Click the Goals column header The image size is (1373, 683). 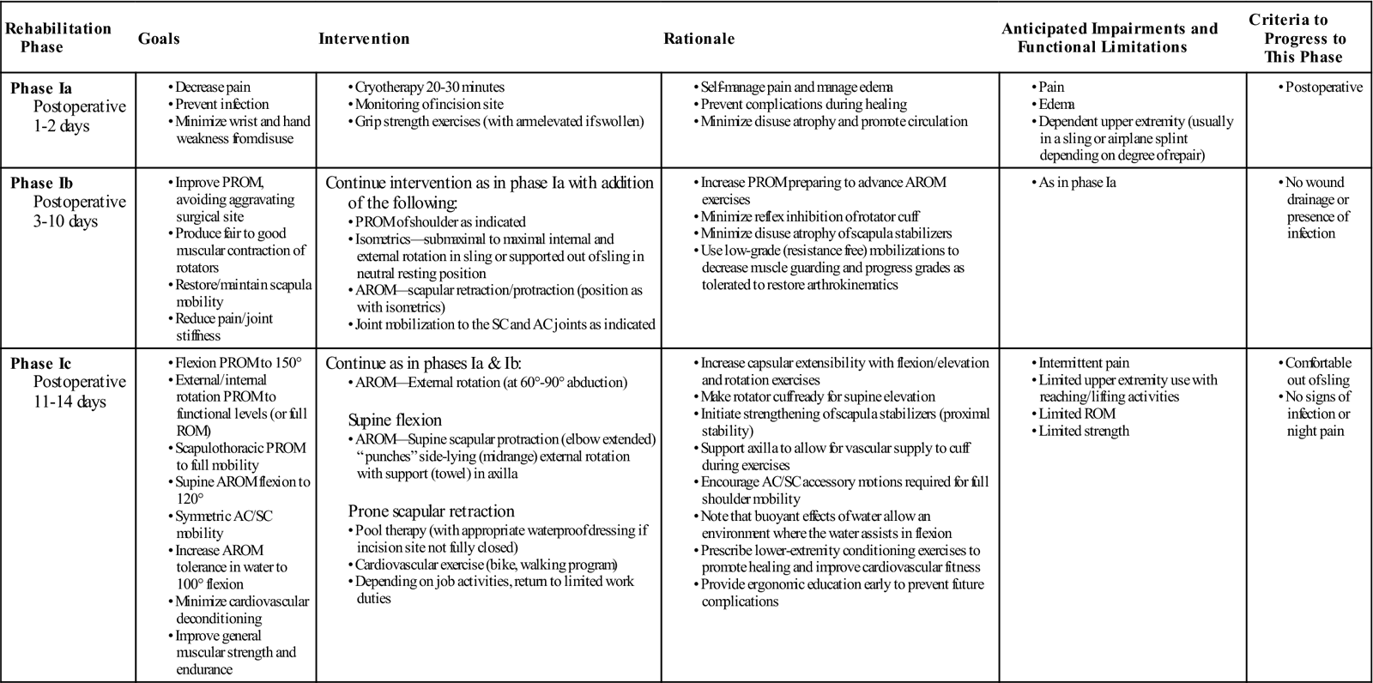tap(159, 39)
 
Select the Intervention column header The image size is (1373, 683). tap(364, 39)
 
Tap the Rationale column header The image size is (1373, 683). tap(699, 39)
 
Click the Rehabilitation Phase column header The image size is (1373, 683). tap(57, 38)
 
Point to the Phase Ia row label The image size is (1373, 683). tap(41, 88)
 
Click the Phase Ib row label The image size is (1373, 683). tap(41, 184)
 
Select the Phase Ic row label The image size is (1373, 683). tap(40, 364)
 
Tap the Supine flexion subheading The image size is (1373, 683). tap(395, 420)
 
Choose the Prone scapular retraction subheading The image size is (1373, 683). tap(431, 511)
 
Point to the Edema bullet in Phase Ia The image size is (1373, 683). tap(1056, 105)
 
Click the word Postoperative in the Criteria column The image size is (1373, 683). tap(1323, 88)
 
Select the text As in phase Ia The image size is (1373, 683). tap(1077, 183)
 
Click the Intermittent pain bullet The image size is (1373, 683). tap(1084, 363)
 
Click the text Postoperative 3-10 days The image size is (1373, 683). tap(79, 212)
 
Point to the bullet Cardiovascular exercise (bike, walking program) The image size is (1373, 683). tap(486, 565)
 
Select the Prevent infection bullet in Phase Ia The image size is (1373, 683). tap(221, 105)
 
